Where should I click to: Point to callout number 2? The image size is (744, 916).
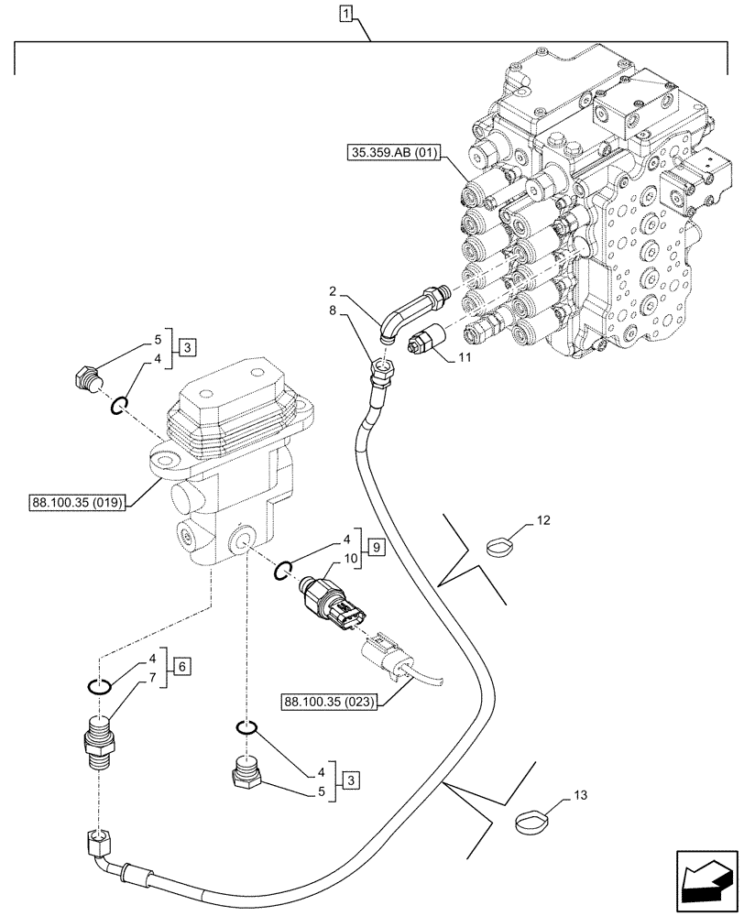coord(336,293)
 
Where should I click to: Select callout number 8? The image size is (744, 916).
coord(336,313)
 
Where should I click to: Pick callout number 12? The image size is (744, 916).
coord(543,520)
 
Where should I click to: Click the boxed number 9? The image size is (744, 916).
coord(375,549)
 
